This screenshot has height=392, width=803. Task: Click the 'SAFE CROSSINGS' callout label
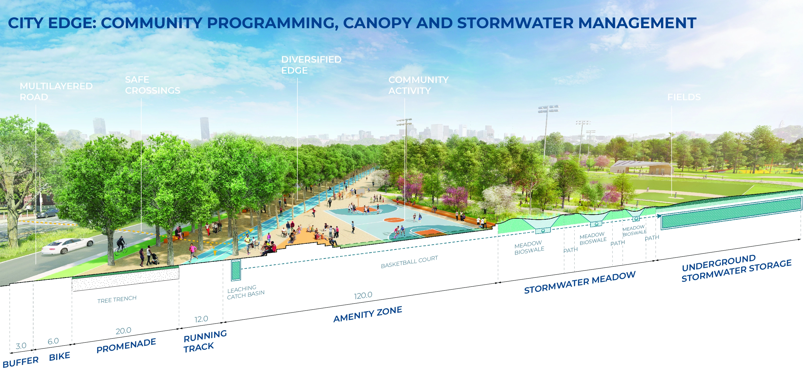152,85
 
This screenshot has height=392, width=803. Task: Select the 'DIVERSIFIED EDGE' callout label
311,65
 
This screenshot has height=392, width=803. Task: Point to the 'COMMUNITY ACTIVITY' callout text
418,85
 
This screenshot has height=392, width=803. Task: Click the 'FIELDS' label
684,97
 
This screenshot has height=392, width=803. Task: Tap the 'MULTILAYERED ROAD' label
56,91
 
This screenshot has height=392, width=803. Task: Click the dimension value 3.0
21,346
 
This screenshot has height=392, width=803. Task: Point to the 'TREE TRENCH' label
117,299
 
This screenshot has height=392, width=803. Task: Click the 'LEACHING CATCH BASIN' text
246,292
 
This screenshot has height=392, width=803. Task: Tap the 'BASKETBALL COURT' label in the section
409,262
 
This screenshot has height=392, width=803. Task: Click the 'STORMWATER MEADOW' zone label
580,282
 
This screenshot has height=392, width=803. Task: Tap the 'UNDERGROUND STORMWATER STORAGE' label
736,268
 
